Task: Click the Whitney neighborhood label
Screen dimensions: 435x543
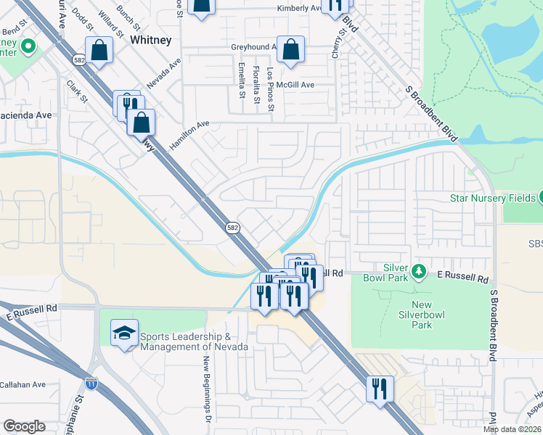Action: point(151,41)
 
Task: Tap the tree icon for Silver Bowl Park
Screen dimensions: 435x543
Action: point(418,272)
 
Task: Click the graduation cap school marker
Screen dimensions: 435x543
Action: point(124,333)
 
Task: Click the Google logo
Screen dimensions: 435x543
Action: point(24,426)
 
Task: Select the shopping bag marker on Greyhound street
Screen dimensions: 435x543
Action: point(290,50)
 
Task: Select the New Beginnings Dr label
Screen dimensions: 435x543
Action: point(206,391)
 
